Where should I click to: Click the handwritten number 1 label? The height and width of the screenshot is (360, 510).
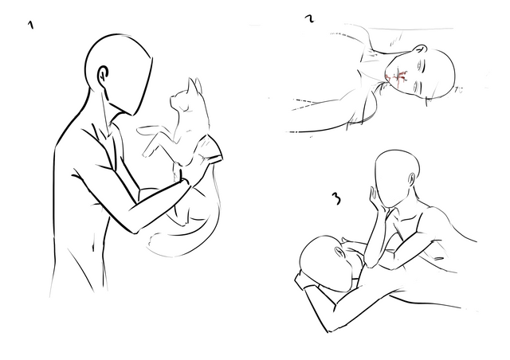(31, 25)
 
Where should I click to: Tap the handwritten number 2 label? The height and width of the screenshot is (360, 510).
(311, 18)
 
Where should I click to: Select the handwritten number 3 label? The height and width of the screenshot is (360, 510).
(337, 198)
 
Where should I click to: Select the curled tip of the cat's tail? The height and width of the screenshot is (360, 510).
(155, 240)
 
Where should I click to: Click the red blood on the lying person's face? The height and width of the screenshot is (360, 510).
(396, 77)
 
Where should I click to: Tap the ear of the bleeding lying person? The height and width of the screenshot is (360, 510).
(421, 49)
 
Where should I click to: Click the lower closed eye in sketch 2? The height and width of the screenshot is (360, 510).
(417, 87)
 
